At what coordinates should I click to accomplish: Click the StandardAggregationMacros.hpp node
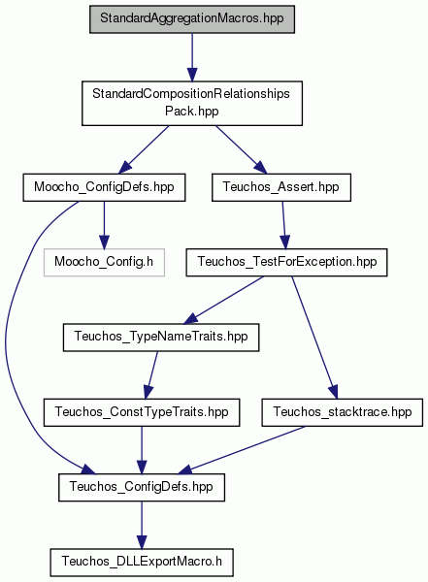[x=192, y=19]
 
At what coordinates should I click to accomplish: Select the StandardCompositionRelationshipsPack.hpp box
[x=192, y=103]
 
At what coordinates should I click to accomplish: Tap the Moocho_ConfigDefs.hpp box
[x=104, y=187]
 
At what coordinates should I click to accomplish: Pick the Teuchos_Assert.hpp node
[x=281, y=187]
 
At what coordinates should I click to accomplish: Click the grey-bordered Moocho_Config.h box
[x=104, y=263]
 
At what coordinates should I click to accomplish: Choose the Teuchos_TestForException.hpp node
[x=286, y=263]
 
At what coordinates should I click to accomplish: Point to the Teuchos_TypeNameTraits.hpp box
[x=161, y=338]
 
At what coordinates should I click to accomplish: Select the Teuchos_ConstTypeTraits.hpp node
[x=142, y=412]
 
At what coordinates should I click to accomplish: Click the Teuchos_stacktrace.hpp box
[x=343, y=412]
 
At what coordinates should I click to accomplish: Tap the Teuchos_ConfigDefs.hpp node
[x=142, y=487]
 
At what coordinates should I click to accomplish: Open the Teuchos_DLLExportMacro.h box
[x=142, y=563]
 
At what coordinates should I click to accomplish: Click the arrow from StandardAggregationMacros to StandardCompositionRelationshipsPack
[x=192, y=57]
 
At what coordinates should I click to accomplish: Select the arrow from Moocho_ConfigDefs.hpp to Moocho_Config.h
[x=104, y=225]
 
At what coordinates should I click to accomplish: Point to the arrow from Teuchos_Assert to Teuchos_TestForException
[x=283, y=225]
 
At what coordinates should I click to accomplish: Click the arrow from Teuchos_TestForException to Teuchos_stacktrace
[x=313, y=338]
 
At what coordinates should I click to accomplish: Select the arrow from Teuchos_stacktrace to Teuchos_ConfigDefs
[x=242, y=450]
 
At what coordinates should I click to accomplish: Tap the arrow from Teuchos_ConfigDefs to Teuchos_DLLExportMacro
[x=142, y=525]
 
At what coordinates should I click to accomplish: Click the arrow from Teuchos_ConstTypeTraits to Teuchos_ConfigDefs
[x=142, y=450]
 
